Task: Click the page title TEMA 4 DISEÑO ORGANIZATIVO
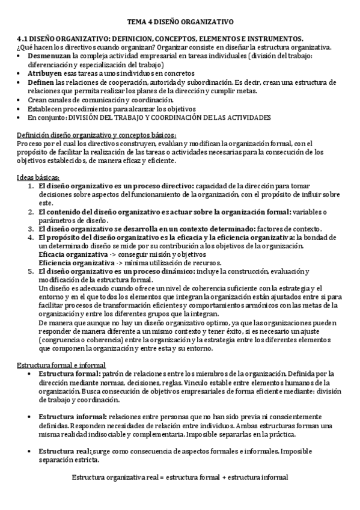coord(180,22)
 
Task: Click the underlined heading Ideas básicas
coord(38,178)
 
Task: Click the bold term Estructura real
coord(65,451)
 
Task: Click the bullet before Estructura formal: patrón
coord(31,374)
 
